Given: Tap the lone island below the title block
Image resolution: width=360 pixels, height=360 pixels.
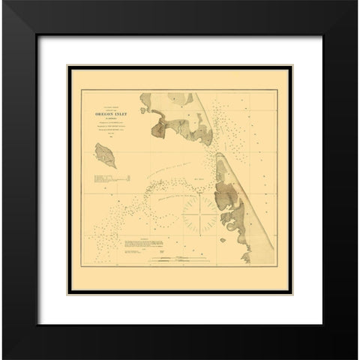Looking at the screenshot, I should click(x=102, y=157).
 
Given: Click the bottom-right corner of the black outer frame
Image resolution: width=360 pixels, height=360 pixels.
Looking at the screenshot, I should click(x=358, y=358).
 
